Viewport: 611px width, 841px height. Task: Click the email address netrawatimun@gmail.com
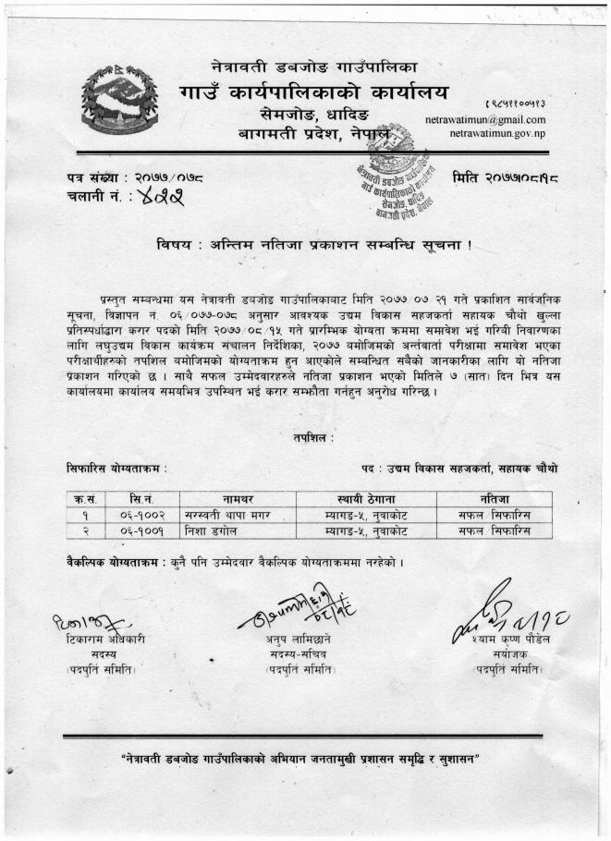(485, 120)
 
